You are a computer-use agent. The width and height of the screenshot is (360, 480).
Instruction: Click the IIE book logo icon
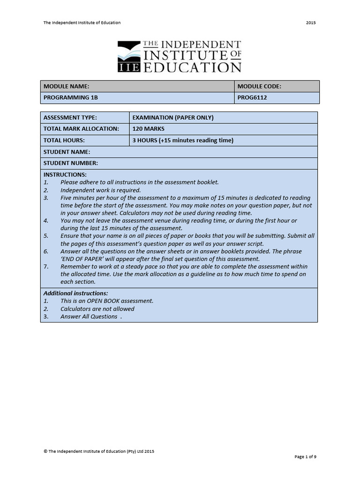(129, 56)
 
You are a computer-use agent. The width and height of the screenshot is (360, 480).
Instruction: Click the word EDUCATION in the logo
(192, 67)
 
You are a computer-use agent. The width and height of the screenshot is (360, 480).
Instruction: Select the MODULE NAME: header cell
(66, 86)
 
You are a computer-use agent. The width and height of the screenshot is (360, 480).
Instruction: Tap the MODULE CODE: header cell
(259, 86)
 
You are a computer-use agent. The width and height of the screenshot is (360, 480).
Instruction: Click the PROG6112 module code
(252, 98)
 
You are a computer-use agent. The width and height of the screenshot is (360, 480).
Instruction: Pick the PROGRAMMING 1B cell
(71, 98)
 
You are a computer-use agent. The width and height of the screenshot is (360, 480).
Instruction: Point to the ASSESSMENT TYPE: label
(70, 118)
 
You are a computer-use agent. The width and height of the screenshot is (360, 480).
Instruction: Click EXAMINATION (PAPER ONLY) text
(173, 118)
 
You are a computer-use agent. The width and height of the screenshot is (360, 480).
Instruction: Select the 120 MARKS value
(149, 129)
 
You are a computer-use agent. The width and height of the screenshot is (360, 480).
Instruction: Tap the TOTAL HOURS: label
(64, 140)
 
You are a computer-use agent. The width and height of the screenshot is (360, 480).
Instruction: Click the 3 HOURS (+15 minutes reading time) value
(183, 140)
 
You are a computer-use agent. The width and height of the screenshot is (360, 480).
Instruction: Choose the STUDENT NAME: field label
(67, 152)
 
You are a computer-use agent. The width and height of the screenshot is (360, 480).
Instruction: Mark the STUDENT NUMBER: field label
(71, 163)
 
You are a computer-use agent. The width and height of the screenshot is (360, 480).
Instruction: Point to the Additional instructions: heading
(75, 293)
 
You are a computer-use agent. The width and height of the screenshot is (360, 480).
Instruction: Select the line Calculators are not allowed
(97, 309)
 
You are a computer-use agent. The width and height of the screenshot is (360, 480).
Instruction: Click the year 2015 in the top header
(310, 22)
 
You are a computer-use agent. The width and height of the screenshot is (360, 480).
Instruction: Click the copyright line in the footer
(99, 451)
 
